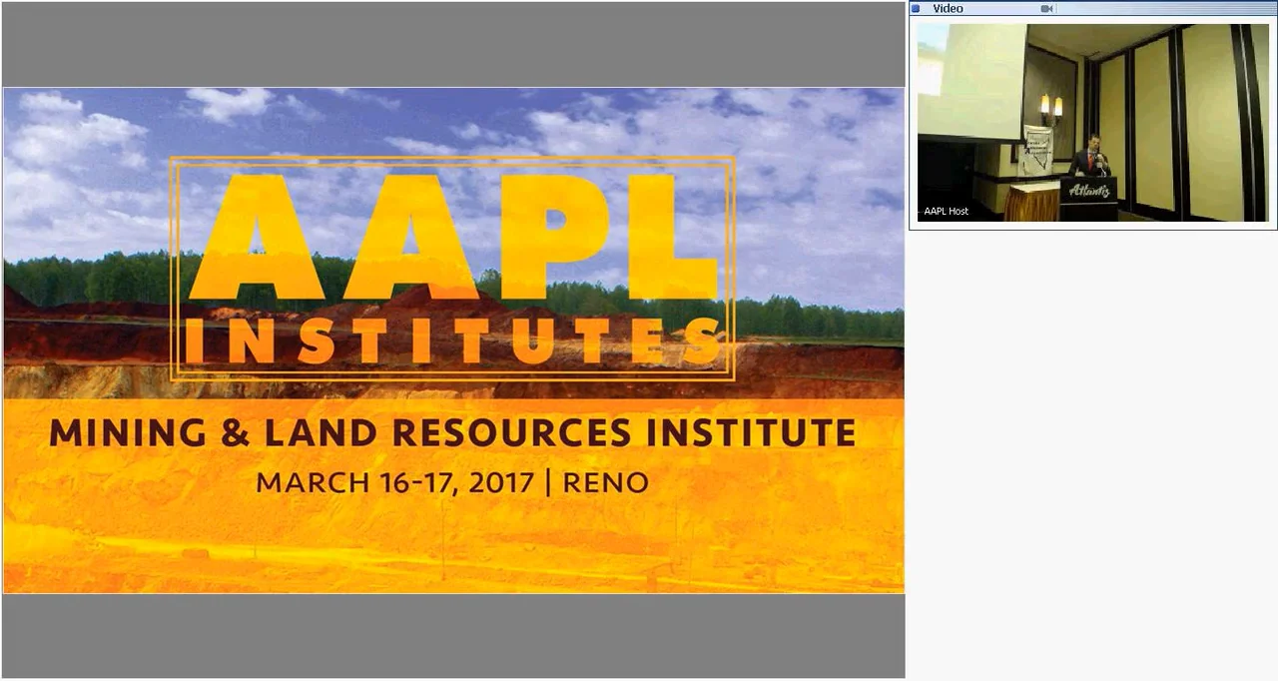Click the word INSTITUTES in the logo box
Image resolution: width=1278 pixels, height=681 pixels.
pos(454,341)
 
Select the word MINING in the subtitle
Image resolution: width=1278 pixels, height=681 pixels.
pos(127,432)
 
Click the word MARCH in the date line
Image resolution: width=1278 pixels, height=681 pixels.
pos(313,483)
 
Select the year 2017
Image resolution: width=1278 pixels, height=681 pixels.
pos(500,483)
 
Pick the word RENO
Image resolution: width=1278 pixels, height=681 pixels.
pos(606,483)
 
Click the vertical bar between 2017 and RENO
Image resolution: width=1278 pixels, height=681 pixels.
pos(548,483)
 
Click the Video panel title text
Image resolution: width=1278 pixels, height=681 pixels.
pos(948,9)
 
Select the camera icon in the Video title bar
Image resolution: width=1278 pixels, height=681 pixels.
pos(1046,9)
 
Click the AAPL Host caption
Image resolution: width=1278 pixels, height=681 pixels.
pos(946,211)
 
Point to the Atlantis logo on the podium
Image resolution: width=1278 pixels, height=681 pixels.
pos(1088,191)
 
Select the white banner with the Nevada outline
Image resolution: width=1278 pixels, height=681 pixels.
pos(1037,148)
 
